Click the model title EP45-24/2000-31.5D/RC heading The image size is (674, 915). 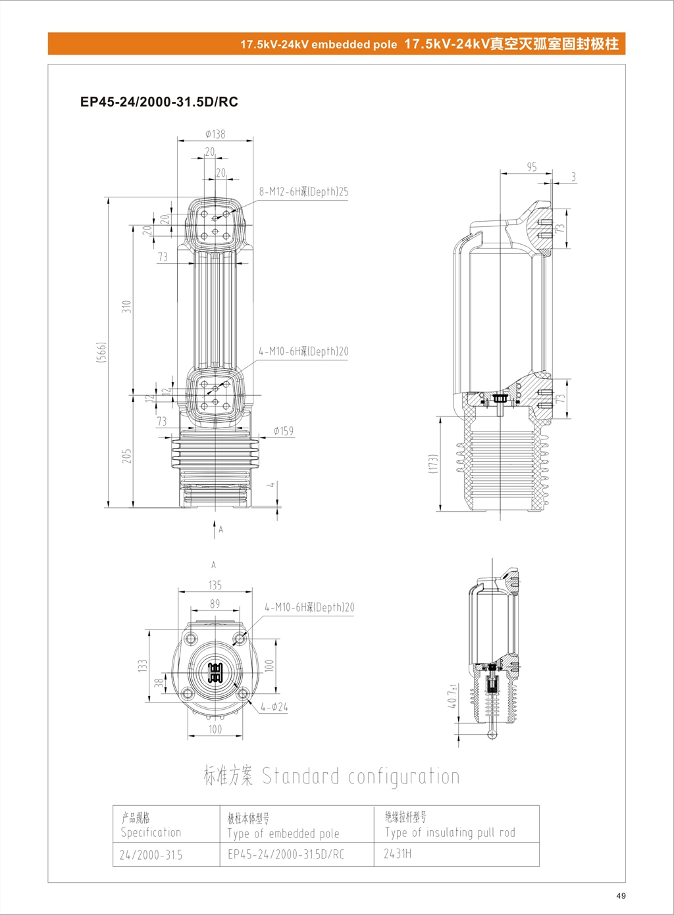tap(159, 102)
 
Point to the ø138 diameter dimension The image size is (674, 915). tap(215, 134)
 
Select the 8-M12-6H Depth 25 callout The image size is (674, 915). tap(303, 191)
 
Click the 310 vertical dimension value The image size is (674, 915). tap(126, 307)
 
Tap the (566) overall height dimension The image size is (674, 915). tap(101, 353)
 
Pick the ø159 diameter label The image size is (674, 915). tap(283, 431)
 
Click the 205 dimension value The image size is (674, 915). tap(126, 456)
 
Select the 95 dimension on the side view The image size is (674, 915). tap(531, 167)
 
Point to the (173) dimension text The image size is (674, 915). tap(432, 463)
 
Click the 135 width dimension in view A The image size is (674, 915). tap(215, 585)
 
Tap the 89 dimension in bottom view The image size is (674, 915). tap(215, 603)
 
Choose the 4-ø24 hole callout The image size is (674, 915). tap(274, 707)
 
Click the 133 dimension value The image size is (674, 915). tap(143, 666)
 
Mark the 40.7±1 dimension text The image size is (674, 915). tap(452, 696)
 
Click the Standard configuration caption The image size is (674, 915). tap(331, 776)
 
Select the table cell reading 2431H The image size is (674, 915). tap(398, 854)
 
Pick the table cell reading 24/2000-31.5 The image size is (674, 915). tap(151, 855)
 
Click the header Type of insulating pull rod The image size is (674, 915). tap(450, 832)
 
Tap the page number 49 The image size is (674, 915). tap(621, 895)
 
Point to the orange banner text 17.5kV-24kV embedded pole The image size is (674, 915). tap(319, 45)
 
